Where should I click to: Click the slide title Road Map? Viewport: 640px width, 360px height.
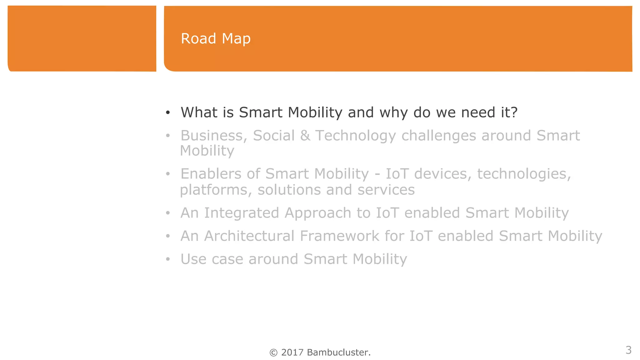point(216,39)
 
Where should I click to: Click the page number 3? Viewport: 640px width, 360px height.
point(628,350)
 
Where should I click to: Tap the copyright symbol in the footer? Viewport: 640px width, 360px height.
point(273,352)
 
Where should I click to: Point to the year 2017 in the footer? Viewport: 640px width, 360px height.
point(292,352)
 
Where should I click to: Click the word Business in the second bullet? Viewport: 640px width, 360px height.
point(214,136)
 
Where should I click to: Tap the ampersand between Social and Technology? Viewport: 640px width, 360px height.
point(305,136)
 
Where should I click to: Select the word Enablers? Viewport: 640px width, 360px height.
point(211,174)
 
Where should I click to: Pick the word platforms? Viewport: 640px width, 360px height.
point(216,190)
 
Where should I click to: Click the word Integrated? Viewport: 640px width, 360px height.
point(242,213)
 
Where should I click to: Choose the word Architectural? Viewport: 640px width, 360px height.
point(249,236)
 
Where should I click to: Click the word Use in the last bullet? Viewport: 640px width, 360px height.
point(193,259)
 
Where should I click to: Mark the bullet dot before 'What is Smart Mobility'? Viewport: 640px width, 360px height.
point(168,112)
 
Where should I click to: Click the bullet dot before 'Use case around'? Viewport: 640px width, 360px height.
point(168,259)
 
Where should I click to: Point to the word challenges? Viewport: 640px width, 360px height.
point(438,136)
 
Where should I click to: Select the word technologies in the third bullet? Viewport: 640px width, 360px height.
point(524,174)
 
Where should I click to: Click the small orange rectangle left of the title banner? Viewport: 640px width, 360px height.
point(82,38)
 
